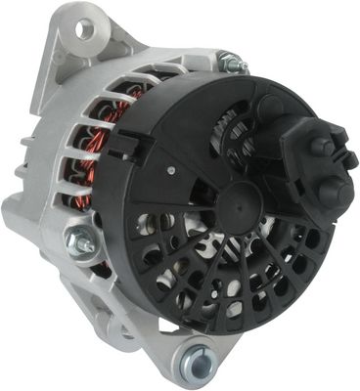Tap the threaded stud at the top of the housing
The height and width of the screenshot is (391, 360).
point(232,63)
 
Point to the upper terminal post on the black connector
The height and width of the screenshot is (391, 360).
point(320,148)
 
